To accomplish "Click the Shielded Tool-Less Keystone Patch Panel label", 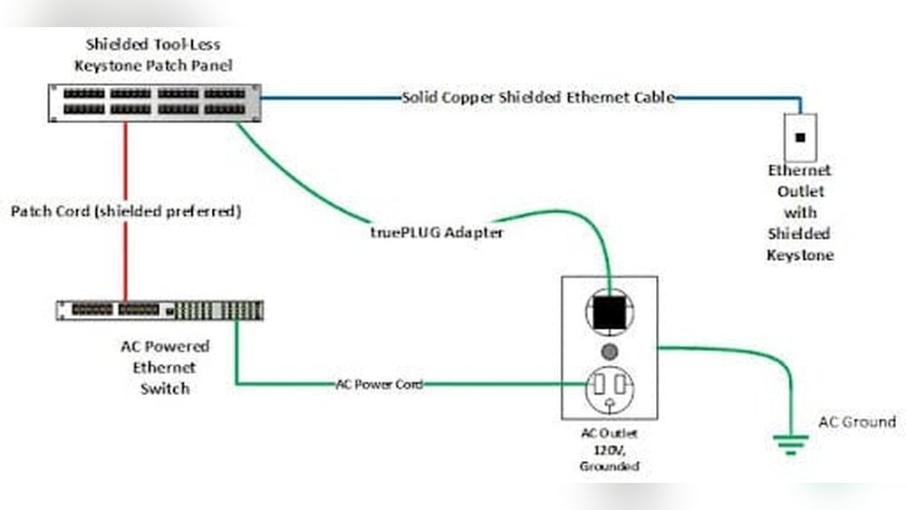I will coord(153,54).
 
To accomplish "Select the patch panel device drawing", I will coord(154,101).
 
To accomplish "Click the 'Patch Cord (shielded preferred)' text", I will coord(126,211).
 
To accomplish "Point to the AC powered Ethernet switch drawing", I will coord(159,310).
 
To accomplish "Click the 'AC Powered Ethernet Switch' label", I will coord(164,367).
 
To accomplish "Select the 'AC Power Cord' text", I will coord(379,384).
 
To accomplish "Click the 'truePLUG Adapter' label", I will coord(436,233).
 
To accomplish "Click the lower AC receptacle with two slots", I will coord(609,390).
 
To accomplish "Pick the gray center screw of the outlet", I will coord(609,351).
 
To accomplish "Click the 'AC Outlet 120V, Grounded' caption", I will coord(609,449).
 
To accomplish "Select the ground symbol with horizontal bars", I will coord(790,443).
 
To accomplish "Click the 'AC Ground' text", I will coord(856,422).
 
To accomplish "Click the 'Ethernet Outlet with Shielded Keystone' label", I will coord(799,213).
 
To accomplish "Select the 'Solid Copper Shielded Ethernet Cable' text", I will coord(538,98).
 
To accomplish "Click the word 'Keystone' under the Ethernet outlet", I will coord(799,255).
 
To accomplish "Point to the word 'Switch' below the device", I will coord(164,389).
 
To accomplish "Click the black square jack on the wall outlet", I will coord(799,138).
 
